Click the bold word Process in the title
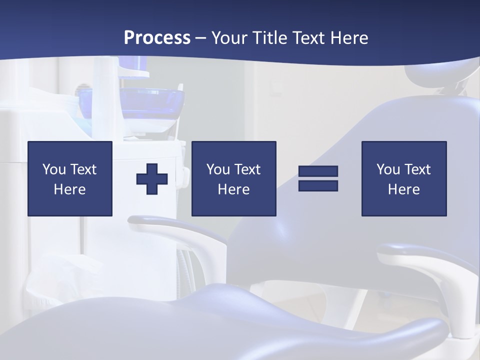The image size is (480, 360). click(157, 38)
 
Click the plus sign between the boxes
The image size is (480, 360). click(152, 178)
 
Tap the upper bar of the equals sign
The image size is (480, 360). click(318, 171)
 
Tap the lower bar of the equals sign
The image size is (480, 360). click(318, 185)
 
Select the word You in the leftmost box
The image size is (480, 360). click(54, 169)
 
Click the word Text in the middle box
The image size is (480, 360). click(247, 169)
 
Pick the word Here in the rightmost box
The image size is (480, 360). click(403, 189)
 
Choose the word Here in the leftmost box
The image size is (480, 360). click(69, 189)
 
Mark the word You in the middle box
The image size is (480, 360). click(218, 169)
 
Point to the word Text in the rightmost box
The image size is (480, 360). click(417, 169)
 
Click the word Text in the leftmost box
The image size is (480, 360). click(83, 169)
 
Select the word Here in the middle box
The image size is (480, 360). click(233, 189)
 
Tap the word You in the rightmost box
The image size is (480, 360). click(388, 169)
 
